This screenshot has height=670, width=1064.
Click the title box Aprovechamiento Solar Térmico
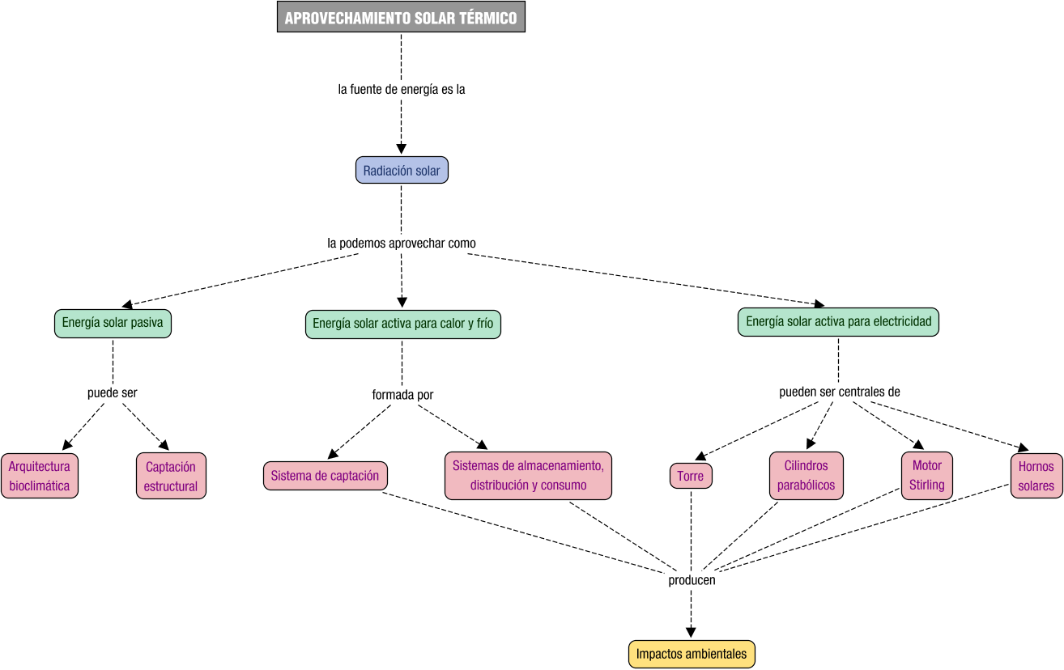tap(401, 17)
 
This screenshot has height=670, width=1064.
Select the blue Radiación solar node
tap(402, 171)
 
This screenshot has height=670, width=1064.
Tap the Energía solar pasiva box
tap(113, 323)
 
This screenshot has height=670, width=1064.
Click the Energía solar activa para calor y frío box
tap(402, 324)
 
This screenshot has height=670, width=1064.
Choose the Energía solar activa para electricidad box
tap(838, 321)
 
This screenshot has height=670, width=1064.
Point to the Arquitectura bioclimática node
tap(40, 476)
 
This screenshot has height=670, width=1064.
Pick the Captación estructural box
tap(171, 476)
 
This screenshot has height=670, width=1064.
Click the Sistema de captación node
tap(325, 476)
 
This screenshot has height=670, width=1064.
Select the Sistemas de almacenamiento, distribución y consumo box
tap(528, 475)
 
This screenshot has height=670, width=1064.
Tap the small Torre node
tap(691, 476)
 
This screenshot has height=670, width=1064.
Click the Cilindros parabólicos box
tap(806, 476)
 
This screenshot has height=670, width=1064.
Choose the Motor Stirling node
tap(926, 475)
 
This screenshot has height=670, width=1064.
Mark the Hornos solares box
tap(1036, 476)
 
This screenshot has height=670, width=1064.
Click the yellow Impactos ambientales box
tap(692, 654)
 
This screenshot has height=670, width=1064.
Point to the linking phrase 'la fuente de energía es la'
tap(402, 90)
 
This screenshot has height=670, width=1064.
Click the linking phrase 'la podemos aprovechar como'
tap(402, 243)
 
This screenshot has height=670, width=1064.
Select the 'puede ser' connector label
tap(113, 393)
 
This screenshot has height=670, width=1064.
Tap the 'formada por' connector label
tap(402, 395)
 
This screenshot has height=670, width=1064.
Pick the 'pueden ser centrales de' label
tap(840, 392)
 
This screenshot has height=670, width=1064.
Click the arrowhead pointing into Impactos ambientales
tap(691, 634)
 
